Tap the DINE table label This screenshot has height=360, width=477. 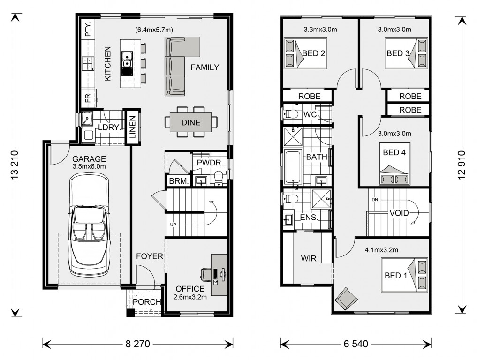[x=191, y=123]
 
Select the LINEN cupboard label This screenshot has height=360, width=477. [x=132, y=127]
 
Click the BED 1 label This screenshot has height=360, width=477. [x=395, y=275]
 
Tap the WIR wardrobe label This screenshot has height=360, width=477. [x=308, y=258]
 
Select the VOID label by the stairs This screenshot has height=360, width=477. [x=399, y=213]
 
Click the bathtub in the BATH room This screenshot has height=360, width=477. [x=293, y=167]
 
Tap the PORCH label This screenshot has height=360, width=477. [x=147, y=302]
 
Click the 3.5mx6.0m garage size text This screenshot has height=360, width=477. [x=89, y=166]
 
